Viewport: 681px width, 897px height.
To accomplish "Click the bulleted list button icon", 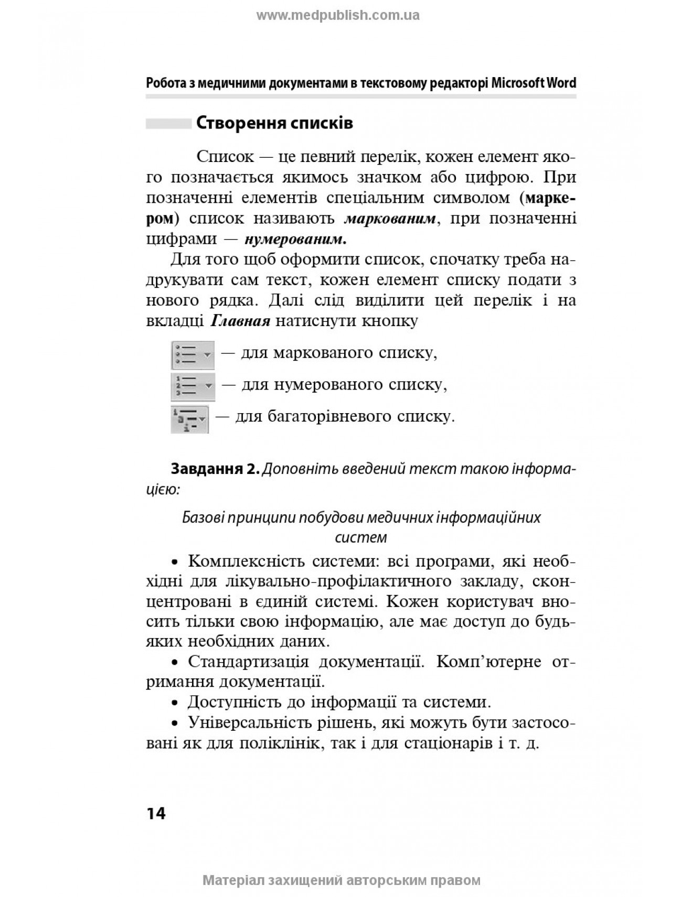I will [x=193, y=354].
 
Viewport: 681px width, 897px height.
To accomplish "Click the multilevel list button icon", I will [x=189, y=418].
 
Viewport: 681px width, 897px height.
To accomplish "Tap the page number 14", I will [x=156, y=813].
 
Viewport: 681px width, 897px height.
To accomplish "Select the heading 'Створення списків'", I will [x=274, y=124].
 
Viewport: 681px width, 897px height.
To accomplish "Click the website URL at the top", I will [x=337, y=15].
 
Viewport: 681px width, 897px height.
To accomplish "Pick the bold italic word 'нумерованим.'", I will [x=295, y=239].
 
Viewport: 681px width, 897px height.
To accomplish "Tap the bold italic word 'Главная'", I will [x=240, y=320].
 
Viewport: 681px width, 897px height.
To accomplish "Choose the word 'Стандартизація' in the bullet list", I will [x=256, y=662].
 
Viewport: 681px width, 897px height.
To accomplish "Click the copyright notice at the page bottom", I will [x=341, y=880].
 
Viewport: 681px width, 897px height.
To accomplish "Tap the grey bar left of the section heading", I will [x=168, y=124].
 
